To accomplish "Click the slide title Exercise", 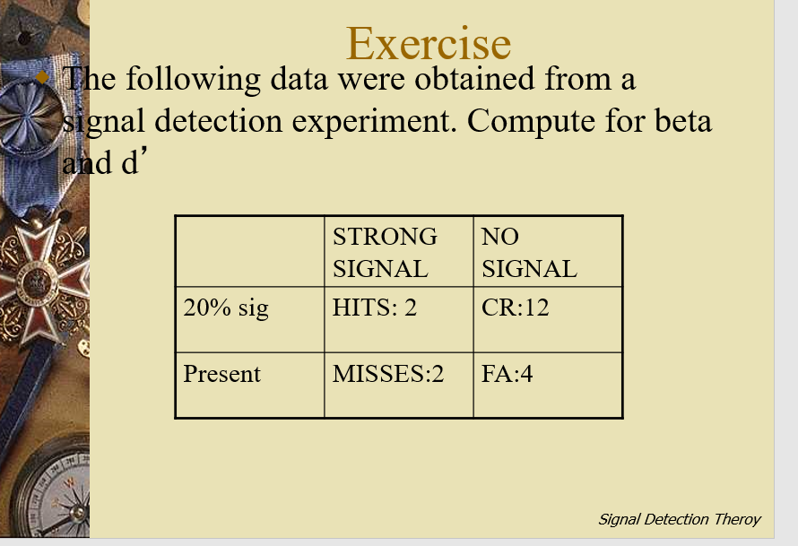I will (429, 43).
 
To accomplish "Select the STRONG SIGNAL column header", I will (385, 252).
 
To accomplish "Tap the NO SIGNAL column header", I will (529, 252).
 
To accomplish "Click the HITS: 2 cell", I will (375, 308).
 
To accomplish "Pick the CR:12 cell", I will (515, 308).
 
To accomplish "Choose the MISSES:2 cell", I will (388, 373).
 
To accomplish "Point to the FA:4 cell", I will (507, 373).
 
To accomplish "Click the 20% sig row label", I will (226, 308).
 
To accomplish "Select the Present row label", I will (221, 373).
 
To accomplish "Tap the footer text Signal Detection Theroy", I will (679, 519).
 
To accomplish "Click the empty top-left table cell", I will (249, 252).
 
